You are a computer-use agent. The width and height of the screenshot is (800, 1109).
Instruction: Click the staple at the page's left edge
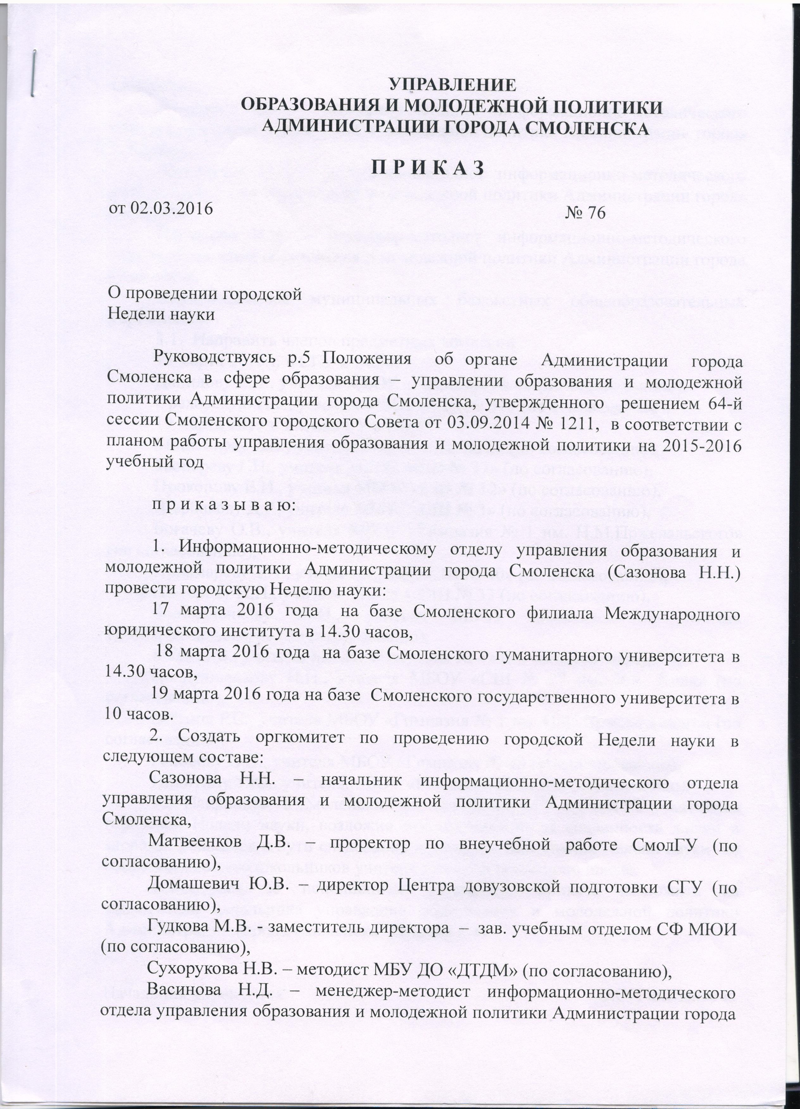click(33, 73)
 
